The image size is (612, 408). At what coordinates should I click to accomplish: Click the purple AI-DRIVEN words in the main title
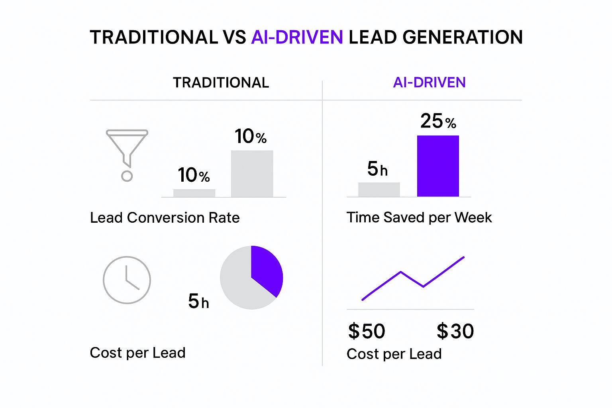coord(297,37)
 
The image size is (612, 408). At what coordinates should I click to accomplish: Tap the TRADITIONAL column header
coord(221,82)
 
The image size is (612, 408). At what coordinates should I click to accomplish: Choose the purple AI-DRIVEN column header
coord(429,82)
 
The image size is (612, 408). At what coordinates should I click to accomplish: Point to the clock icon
coord(127,280)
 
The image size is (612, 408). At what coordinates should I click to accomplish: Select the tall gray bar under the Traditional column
coord(252,173)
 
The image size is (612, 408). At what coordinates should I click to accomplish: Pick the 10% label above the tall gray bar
coord(250,137)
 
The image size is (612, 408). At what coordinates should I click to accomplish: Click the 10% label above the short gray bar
coord(194,175)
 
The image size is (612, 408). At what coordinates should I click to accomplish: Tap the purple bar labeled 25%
coord(438,166)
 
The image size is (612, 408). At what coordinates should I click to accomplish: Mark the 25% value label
coord(438,121)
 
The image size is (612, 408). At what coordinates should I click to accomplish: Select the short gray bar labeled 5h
coord(379,189)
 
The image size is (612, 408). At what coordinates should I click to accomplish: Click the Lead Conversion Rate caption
coord(165,218)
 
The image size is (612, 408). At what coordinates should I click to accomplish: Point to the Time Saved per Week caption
coord(419,218)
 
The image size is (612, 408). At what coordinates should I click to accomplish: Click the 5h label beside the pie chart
coord(198,301)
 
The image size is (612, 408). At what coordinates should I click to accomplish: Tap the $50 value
coord(367,331)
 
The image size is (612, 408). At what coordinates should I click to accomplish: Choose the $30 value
coord(455,331)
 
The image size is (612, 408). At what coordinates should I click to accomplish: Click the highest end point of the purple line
coord(463,257)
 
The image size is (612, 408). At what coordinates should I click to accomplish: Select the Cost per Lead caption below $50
coord(394,354)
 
